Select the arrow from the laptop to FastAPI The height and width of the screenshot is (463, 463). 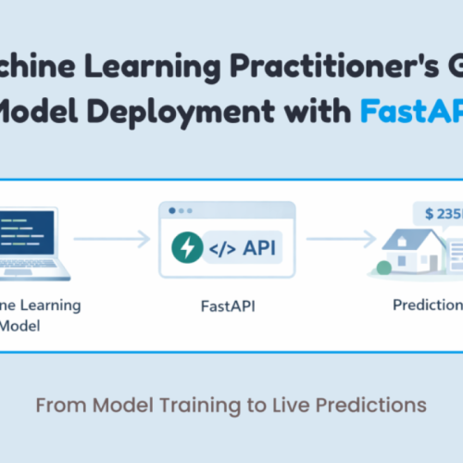click(111, 239)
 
